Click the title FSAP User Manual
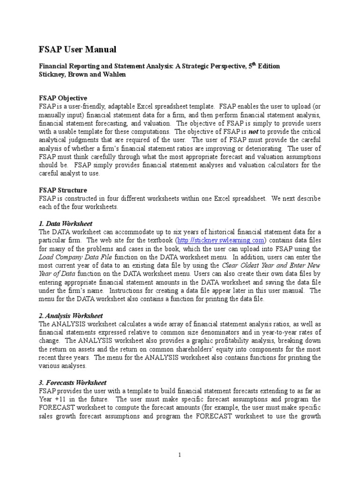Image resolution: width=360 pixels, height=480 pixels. tap(77, 50)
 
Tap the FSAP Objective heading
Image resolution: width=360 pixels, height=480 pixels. tap(62, 98)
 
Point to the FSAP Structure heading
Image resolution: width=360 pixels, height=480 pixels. tap(62, 190)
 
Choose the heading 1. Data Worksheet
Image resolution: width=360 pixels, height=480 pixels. tap(65, 224)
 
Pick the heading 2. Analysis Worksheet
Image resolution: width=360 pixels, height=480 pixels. tap(71, 316)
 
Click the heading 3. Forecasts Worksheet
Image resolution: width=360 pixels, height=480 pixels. tap(73, 383)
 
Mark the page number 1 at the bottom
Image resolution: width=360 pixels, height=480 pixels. tap(180, 455)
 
